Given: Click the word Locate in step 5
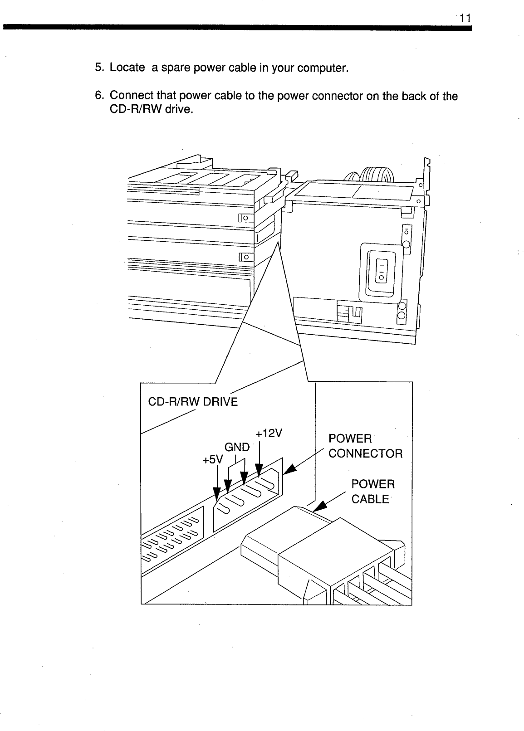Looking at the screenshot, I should pyautogui.click(x=127, y=68).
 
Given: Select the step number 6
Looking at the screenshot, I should pyautogui.click(x=98, y=96).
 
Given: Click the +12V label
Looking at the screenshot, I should pyautogui.click(x=269, y=433).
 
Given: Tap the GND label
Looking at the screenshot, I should pyautogui.click(x=237, y=447).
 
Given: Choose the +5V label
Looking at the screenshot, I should pyautogui.click(x=213, y=459).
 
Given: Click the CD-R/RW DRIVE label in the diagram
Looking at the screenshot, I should pyautogui.click(x=193, y=402).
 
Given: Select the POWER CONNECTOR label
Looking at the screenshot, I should pyautogui.click(x=365, y=446).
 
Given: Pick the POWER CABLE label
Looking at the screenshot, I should pyautogui.click(x=373, y=492).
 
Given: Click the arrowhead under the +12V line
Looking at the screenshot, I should pyautogui.click(x=259, y=470).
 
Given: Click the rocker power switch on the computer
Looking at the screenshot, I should pyautogui.click(x=382, y=270).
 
